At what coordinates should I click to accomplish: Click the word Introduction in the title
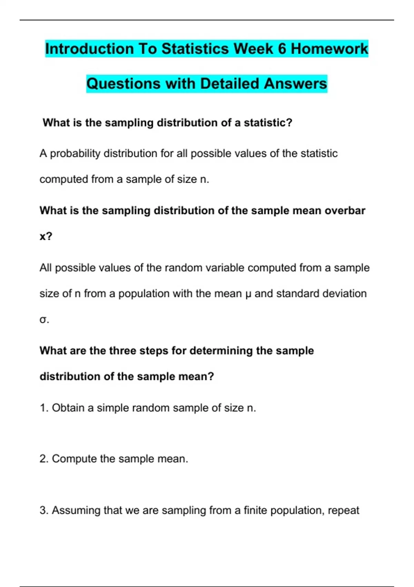tap(89, 49)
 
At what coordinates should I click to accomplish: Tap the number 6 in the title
tap(282, 49)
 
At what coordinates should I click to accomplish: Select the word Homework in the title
tap(329, 49)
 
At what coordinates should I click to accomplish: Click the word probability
tap(75, 153)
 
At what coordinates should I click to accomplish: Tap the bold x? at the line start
tap(46, 237)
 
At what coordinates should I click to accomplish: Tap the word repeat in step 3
tap(344, 510)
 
